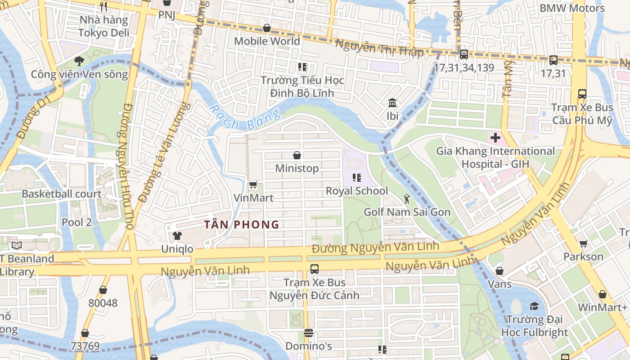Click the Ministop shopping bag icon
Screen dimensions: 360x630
coord(297,156)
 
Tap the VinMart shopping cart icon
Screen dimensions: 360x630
coord(253,185)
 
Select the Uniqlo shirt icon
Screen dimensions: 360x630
coord(177,236)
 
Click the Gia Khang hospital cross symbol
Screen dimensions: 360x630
coord(495,138)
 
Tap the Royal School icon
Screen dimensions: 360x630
coord(357,178)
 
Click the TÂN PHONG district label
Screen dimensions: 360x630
coord(242,225)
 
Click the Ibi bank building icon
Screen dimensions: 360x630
coord(392,103)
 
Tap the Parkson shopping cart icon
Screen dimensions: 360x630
coord(584,244)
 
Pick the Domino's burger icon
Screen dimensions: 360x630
coord(308,333)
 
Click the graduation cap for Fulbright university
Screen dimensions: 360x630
coord(534,306)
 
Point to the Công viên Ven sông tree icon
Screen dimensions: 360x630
coord(79,61)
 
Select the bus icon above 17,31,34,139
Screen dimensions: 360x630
coord(463,55)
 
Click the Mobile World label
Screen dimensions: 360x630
coord(267,41)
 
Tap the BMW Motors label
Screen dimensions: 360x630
coord(572,8)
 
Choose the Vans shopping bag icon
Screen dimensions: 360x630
coord(499,271)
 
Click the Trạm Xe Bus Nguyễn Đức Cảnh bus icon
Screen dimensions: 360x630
coord(315,269)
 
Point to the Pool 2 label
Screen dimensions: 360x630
coord(76,222)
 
